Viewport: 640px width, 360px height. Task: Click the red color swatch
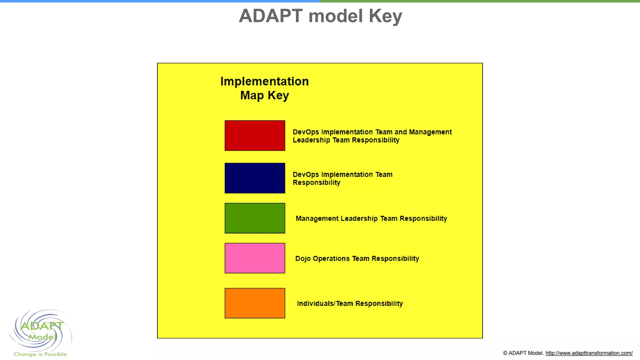tap(255, 136)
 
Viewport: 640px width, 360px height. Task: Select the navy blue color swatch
tap(255, 178)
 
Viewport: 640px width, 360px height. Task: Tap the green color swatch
tap(255, 218)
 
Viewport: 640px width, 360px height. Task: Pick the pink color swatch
tap(255, 258)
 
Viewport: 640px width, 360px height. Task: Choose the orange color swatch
tap(255, 303)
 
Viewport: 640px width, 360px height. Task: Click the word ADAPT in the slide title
tap(271, 16)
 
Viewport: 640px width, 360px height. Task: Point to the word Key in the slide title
tap(385, 16)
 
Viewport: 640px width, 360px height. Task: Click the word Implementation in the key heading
tap(264, 81)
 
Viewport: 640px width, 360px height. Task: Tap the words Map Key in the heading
tap(264, 95)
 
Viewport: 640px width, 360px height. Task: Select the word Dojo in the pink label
tap(302, 259)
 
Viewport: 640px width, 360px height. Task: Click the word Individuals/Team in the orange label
tap(325, 303)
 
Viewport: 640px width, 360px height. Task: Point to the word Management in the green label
tap(317, 218)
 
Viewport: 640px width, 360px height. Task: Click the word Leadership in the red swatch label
tap(311, 140)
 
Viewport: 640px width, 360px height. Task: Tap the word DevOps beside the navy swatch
tap(306, 175)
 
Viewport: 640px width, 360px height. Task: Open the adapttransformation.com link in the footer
tap(589, 353)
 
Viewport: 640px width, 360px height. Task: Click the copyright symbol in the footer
tap(505, 353)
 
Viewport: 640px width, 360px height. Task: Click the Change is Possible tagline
tap(40, 354)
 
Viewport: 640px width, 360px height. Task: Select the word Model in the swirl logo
tap(42, 337)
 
